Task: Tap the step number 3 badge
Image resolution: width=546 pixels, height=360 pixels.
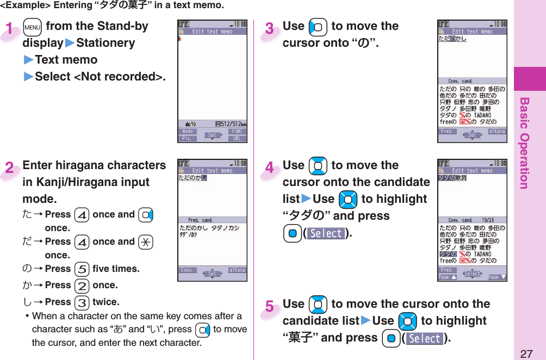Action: click(x=270, y=28)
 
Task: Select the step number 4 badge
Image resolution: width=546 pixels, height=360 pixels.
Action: click(x=270, y=168)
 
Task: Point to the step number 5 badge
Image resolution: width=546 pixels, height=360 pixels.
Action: click(x=270, y=307)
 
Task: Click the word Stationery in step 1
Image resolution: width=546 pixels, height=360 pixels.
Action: click(x=106, y=43)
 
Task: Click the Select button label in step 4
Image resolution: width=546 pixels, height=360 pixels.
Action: click(x=326, y=234)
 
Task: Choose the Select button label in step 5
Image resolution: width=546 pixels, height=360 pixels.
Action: click(x=425, y=339)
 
